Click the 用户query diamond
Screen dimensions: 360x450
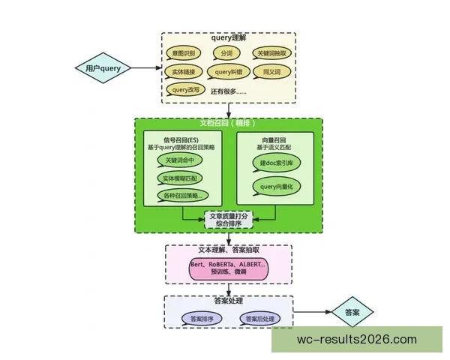(102, 68)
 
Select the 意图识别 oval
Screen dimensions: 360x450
(184, 54)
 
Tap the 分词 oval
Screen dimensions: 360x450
(226, 54)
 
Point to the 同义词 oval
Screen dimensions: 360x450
(270, 72)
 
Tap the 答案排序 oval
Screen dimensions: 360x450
(202, 319)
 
